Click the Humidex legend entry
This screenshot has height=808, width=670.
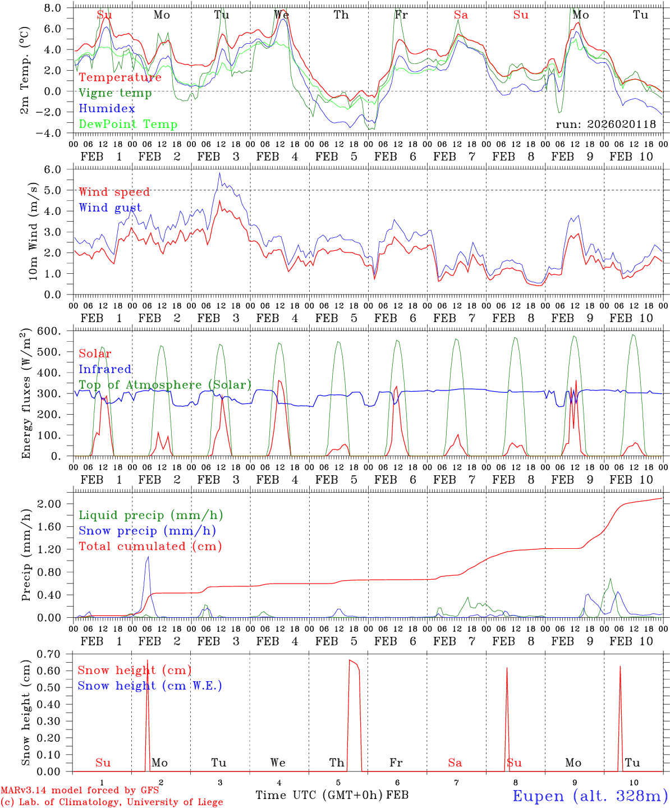[107, 109]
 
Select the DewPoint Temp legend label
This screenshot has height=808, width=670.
[128, 124]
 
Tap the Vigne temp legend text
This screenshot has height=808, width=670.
[115, 93]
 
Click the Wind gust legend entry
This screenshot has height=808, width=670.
[110, 208]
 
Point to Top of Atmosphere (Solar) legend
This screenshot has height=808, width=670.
[164, 385]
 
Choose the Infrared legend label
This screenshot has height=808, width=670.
[105, 369]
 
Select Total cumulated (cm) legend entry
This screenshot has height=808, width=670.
[150, 546]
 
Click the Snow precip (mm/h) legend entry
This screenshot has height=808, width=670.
[147, 531]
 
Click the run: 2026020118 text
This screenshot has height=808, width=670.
[605, 124]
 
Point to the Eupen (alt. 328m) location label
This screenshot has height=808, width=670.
[590, 796]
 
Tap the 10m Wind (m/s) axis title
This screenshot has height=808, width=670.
[33, 231]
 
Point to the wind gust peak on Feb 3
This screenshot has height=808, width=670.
[219, 173]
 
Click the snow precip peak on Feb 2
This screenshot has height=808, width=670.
[148, 557]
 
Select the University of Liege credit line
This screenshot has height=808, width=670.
[112, 802]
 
